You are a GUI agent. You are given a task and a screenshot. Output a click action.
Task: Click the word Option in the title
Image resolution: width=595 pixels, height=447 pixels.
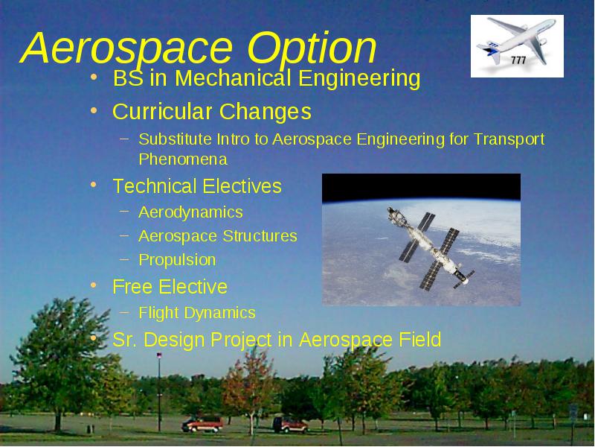click(x=312, y=48)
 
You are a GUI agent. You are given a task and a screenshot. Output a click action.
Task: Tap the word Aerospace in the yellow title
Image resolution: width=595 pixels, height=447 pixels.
click(x=126, y=48)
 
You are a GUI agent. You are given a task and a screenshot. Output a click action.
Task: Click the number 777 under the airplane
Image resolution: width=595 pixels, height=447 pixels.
click(x=518, y=60)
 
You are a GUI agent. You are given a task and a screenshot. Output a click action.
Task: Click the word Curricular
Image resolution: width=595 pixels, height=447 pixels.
click(x=161, y=111)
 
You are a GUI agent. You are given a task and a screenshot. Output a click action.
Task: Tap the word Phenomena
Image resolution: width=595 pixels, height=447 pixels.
click(x=183, y=159)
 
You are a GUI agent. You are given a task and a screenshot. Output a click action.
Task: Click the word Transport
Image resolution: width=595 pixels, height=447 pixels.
click(x=509, y=140)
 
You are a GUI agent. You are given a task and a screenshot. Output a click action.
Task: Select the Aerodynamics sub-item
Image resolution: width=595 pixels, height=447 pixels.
click(x=190, y=213)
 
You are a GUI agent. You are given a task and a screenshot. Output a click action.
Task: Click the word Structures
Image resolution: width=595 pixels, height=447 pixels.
click(x=260, y=236)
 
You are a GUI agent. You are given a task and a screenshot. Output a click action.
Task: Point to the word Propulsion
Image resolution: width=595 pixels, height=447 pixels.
click(x=177, y=260)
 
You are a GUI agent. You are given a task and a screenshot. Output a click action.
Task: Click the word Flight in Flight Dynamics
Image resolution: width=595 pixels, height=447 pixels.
click(x=158, y=314)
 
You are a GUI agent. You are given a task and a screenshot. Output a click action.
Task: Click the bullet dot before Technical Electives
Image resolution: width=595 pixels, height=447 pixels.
click(x=94, y=185)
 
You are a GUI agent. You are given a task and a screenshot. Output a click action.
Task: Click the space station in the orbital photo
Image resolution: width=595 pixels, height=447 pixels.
click(x=431, y=248)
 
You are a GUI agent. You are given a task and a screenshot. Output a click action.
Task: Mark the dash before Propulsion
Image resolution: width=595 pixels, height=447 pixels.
click(x=124, y=259)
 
